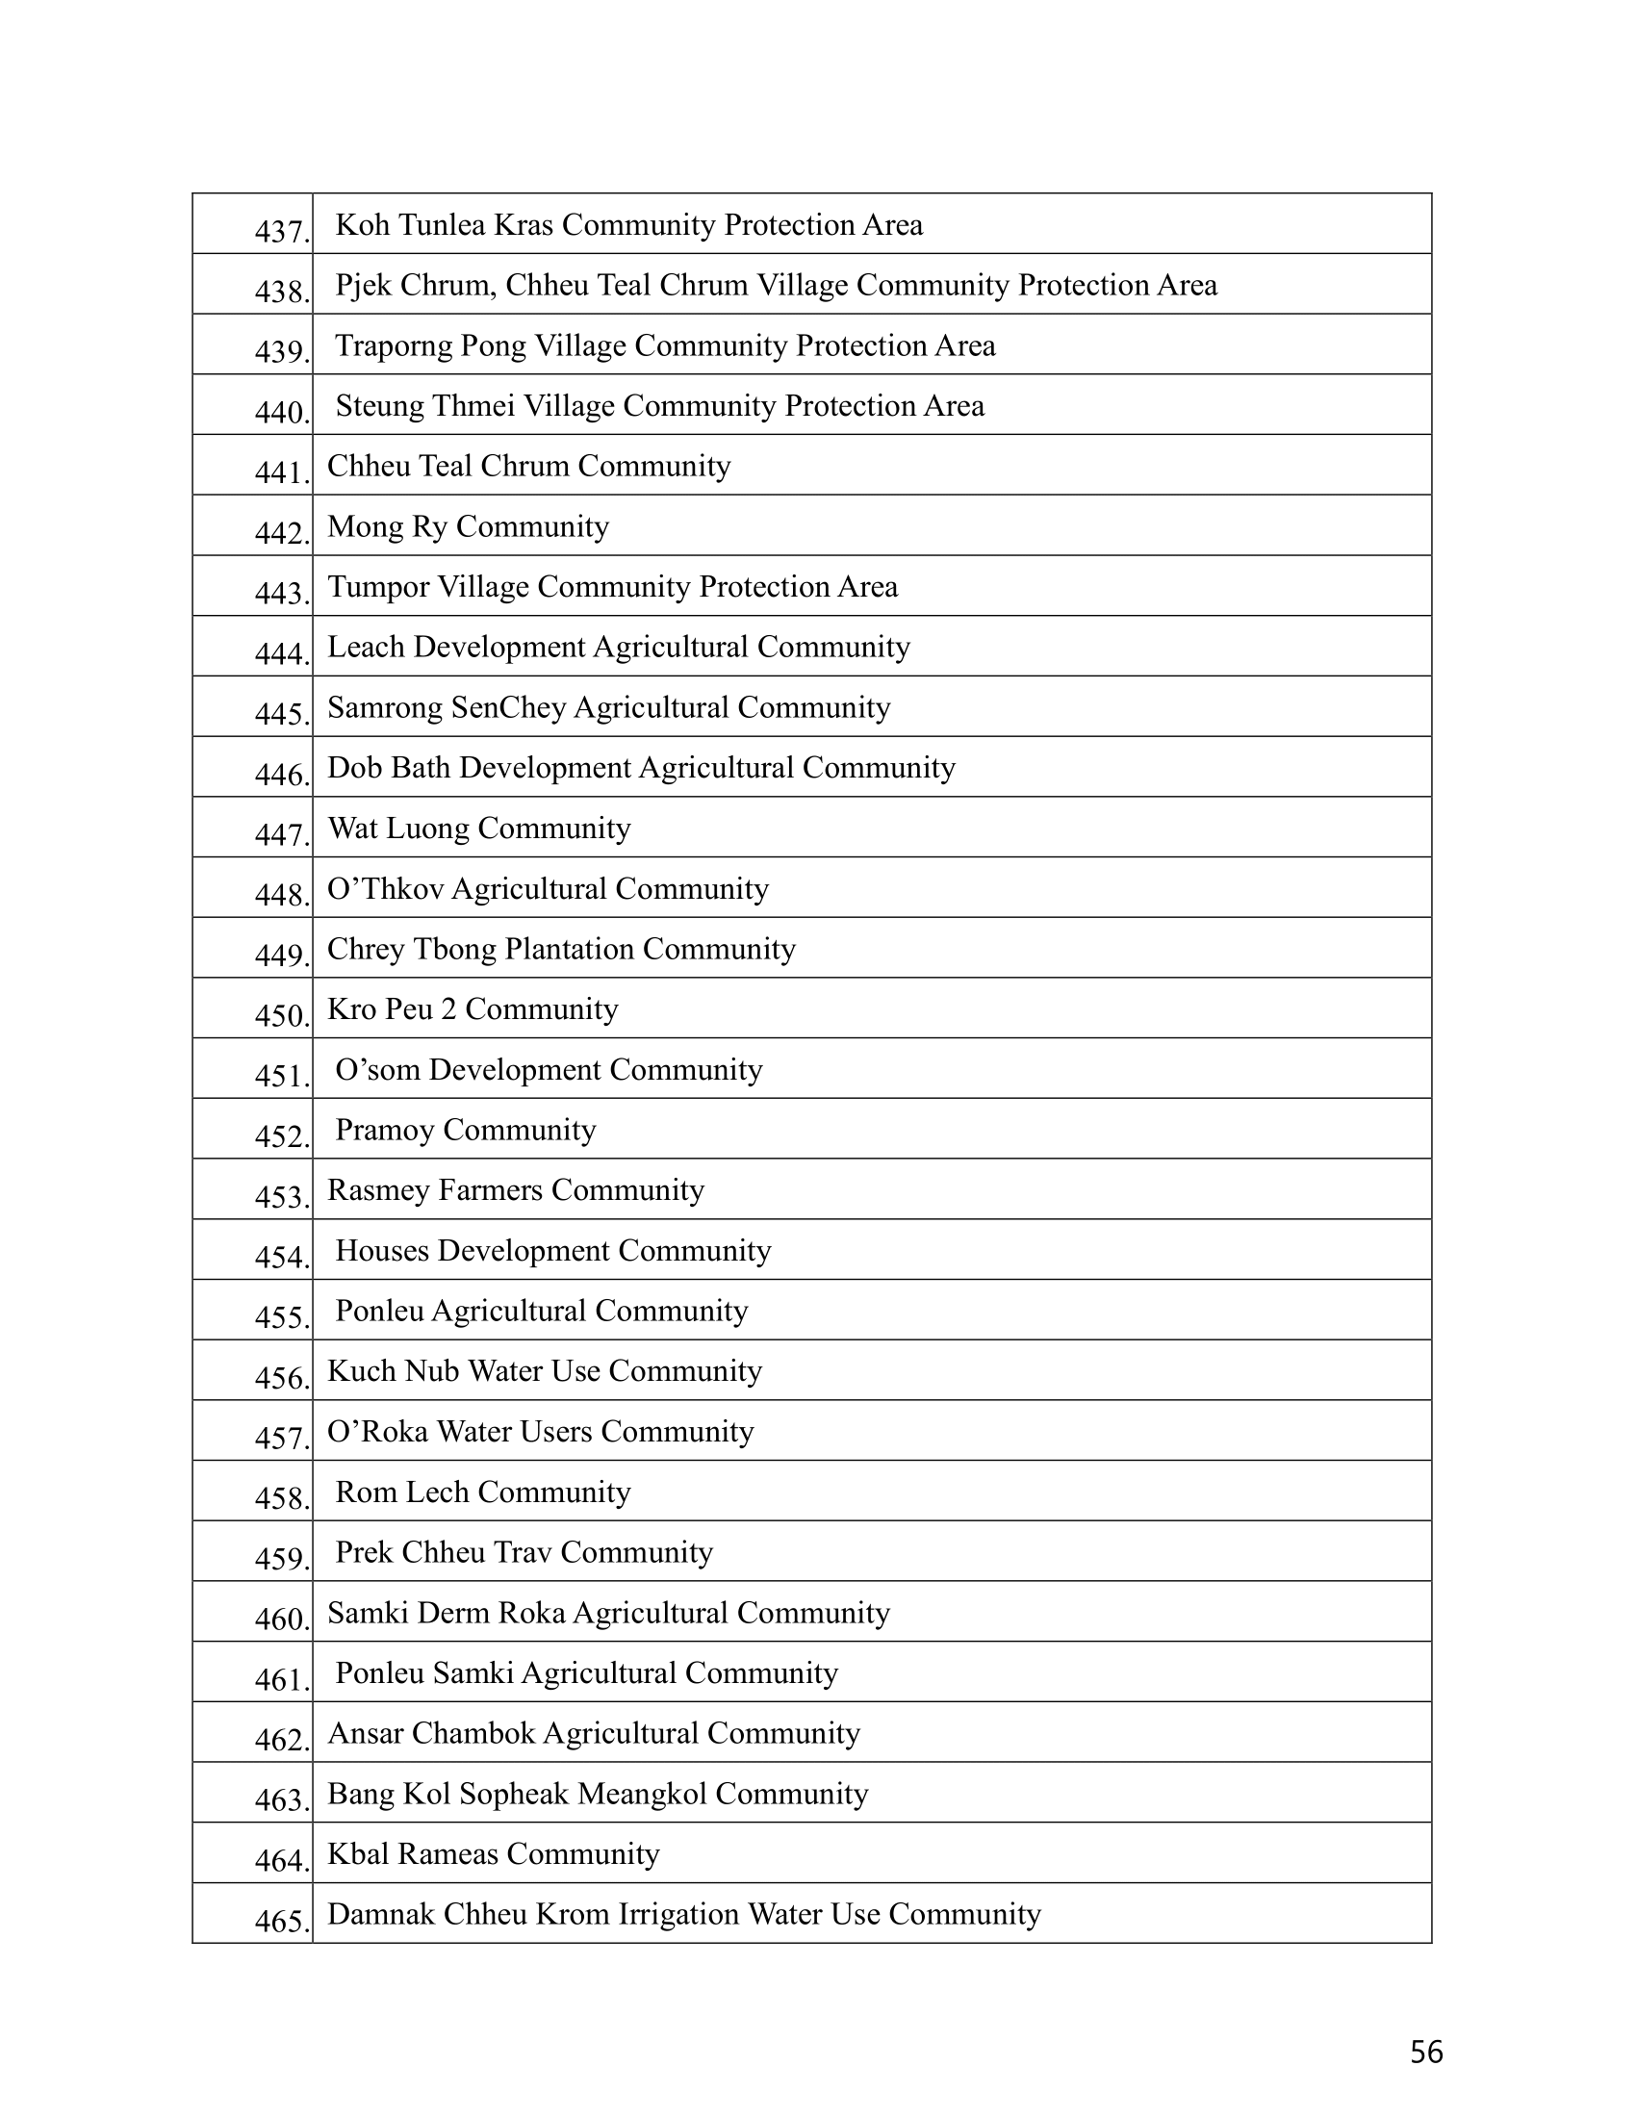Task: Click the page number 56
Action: pyautogui.click(x=1425, y=2053)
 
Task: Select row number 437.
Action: pyautogui.click(x=281, y=232)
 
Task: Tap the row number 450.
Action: pyautogui.click(x=281, y=1016)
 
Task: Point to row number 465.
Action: pyautogui.click(x=281, y=1922)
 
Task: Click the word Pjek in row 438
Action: pyautogui.click(x=364, y=285)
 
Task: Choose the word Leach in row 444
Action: pyautogui.click(x=367, y=647)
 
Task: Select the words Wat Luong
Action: pyautogui.click(x=398, y=828)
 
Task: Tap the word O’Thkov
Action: pyautogui.click(x=385, y=889)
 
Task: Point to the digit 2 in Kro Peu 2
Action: pyautogui.click(x=448, y=1009)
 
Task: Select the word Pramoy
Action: pyautogui.click(x=385, y=1131)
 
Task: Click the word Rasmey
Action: pyautogui.click(x=378, y=1190)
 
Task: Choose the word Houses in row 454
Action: pyautogui.click(x=382, y=1250)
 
